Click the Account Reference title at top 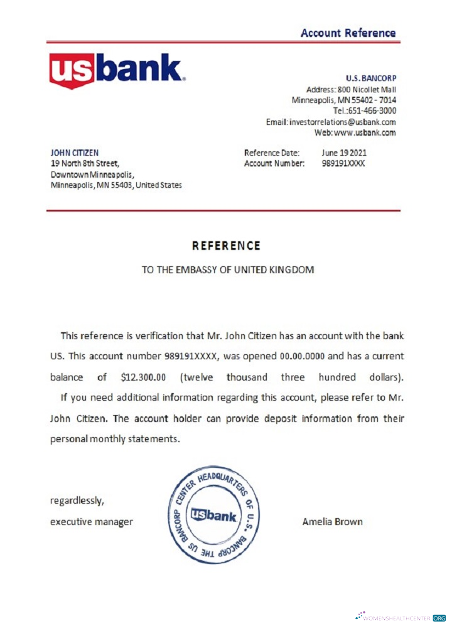348,33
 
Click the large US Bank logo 117,70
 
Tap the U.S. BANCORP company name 371,78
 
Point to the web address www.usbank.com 365,133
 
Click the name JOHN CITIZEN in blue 74,153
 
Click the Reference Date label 271,153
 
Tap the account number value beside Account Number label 343,163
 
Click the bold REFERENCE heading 226,246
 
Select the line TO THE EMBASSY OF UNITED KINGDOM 227,270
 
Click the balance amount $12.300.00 143,377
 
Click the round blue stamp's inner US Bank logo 214,516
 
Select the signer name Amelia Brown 332,522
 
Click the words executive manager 91,522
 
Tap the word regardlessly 77,501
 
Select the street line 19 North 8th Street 84,163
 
